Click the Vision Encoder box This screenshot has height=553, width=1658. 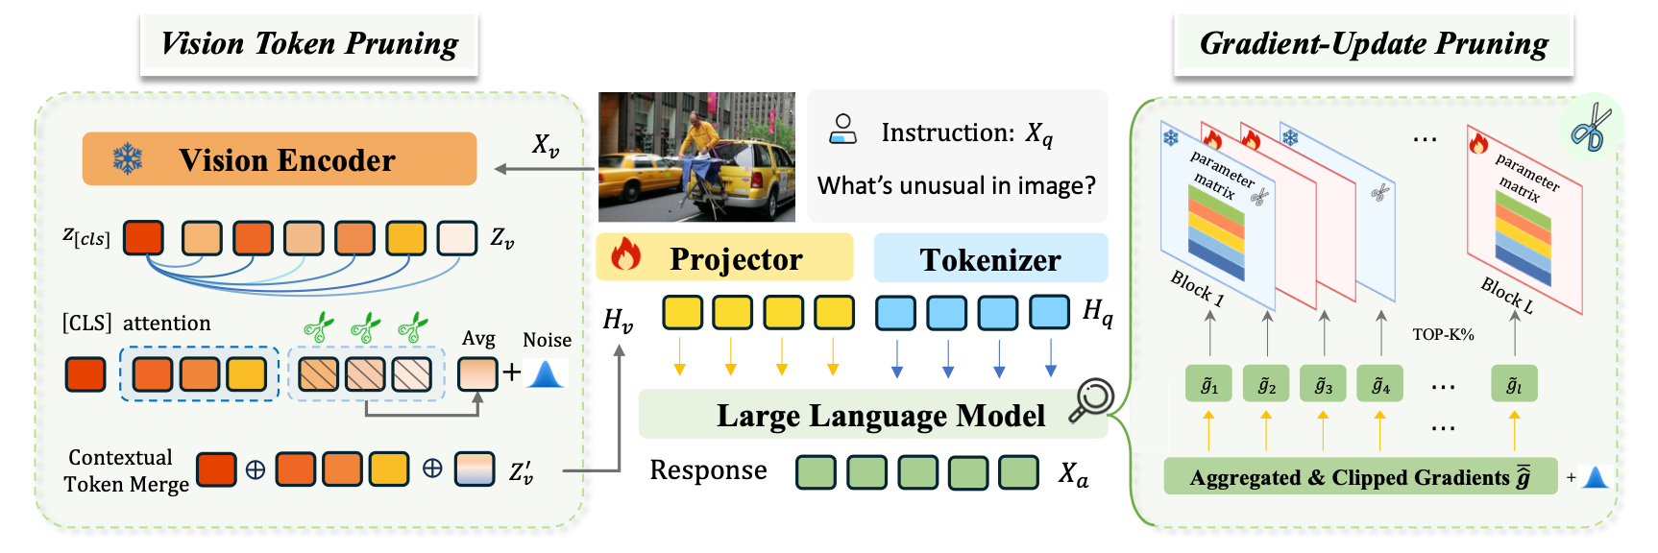[280, 158]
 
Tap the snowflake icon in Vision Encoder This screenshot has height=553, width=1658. [128, 158]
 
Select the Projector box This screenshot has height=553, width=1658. [724, 257]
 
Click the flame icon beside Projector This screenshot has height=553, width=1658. [625, 254]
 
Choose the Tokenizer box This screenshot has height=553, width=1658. [990, 258]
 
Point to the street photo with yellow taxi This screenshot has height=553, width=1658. [696, 157]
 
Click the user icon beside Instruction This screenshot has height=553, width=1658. [842, 130]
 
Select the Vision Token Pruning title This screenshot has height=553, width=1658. [309, 44]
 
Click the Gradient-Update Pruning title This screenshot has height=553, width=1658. [1374, 44]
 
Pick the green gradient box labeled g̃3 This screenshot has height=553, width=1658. [1324, 385]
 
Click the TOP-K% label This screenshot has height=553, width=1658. [1443, 334]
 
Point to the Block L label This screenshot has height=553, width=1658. [1506, 295]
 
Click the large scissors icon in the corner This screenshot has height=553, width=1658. [1592, 127]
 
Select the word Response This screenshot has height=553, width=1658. [708, 470]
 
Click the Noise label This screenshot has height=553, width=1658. [547, 340]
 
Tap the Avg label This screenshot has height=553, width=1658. [478, 338]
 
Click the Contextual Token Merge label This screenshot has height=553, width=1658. [126, 470]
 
